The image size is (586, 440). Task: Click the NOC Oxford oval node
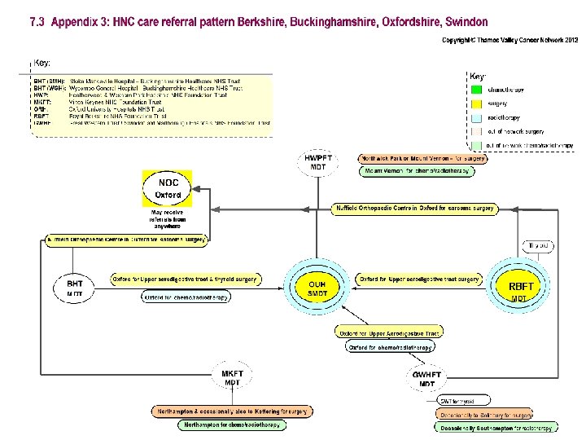click(x=168, y=189)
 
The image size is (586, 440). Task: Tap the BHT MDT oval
click(x=74, y=288)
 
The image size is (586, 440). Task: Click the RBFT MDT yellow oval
click(x=520, y=289)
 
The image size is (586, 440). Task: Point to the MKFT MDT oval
click(x=233, y=378)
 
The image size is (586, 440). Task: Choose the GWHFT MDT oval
click(x=427, y=379)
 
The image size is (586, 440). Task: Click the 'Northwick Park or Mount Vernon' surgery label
click(x=422, y=159)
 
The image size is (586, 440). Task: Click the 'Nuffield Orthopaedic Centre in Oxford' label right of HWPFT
click(x=415, y=209)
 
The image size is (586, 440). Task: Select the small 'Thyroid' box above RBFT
click(x=540, y=245)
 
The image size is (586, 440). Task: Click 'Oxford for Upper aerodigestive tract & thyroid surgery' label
click(x=185, y=279)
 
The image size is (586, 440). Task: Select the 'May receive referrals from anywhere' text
click(x=168, y=220)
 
